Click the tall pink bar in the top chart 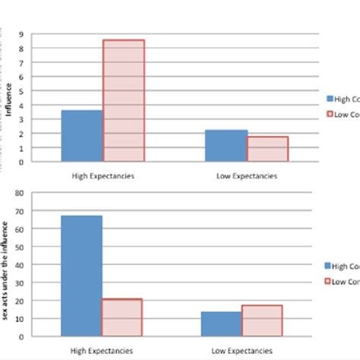(124, 100)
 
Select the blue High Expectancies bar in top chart (82, 136)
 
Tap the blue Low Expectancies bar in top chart (227, 146)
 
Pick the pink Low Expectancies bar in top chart (268, 149)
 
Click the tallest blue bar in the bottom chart (82, 276)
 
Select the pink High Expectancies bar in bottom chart (123, 317)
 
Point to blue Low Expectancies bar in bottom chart (222, 324)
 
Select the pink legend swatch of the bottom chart (329, 282)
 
